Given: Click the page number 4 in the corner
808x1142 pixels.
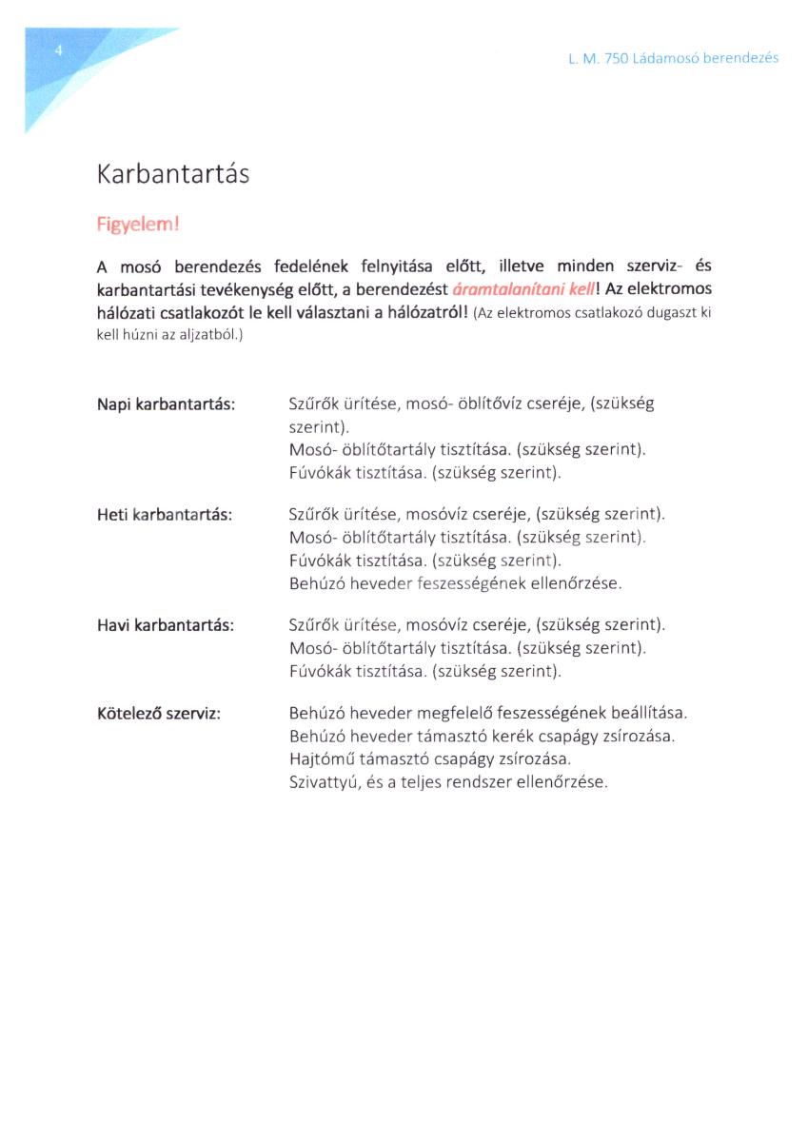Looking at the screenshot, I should (58, 50).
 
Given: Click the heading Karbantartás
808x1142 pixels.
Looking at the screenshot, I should (172, 175).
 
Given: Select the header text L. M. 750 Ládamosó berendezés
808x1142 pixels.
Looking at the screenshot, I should (673, 58).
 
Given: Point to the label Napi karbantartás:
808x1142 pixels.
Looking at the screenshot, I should (166, 404).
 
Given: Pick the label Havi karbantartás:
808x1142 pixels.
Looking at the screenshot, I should (166, 625).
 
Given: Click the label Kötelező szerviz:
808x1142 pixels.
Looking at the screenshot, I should (159, 713).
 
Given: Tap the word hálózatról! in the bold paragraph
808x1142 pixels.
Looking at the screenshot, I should (420, 313).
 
